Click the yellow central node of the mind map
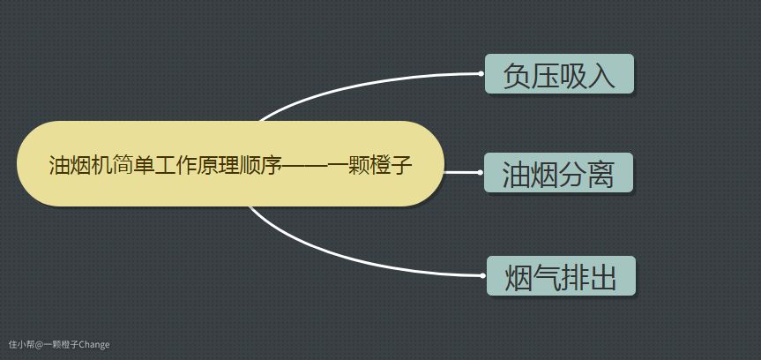pyautogui.click(x=230, y=164)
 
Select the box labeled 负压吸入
pyautogui.click(x=560, y=74)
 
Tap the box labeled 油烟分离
pyautogui.click(x=558, y=173)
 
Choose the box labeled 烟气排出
pyautogui.click(x=561, y=275)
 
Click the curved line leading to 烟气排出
pyautogui.click(x=349, y=259)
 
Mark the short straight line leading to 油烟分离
pyautogui.click(x=461, y=172)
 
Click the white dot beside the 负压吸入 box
pyautogui.click(x=481, y=74)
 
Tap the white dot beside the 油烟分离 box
pyautogui.click(x=480, y=172)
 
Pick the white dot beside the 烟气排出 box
pyautogui.click(x=482, y=275)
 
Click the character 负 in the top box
pyautogui.click(x=517, y=76)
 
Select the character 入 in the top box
pyautogui.click(x=601, y=76)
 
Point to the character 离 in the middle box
pyautogui.click(x=601, y=175)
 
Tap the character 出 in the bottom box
pyautogui.click(x=603, y=278)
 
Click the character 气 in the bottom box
pyautogui.click(x=547, y=278)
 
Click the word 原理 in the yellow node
pyautogui.click(x=226, y=165)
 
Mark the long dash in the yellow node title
pyautogui.click(x=304, y=166)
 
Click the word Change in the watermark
pyautogui.click(x=94, y=344)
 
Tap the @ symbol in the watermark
pyautogui.click(x=40, y=344)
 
